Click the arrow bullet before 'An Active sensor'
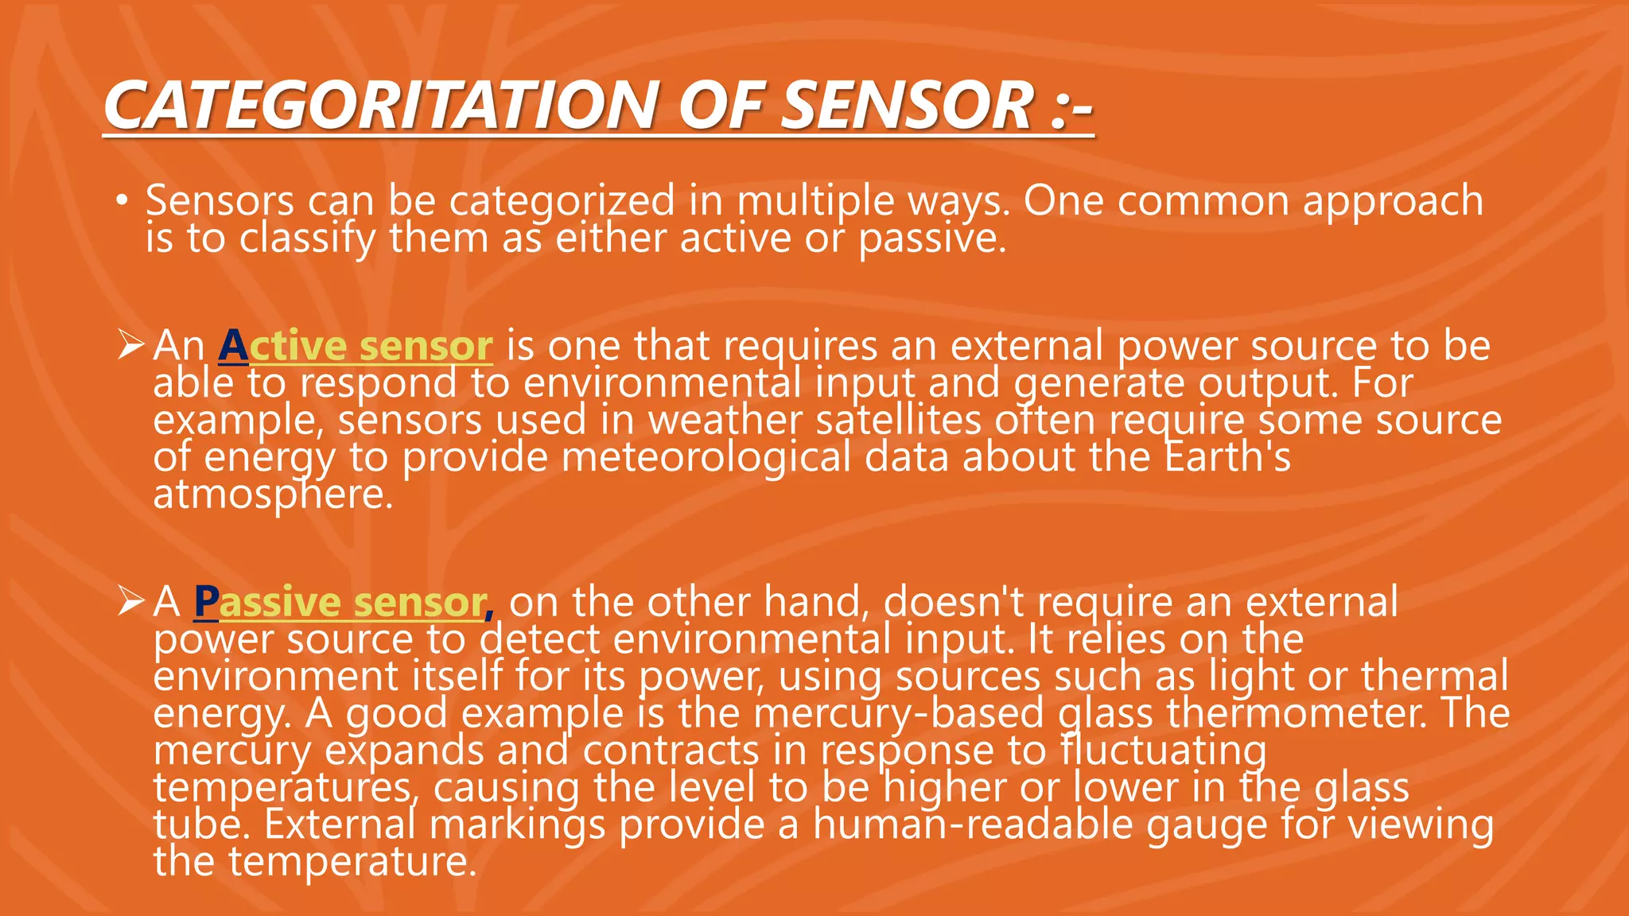130,345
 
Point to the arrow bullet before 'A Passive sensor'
130,601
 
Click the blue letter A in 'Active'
233,346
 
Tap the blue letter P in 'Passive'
206,602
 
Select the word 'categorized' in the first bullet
562,200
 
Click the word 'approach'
1393,200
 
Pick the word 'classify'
307,238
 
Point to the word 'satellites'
898,420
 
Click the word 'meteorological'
706,457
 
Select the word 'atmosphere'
271,495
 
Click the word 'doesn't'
954,602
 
